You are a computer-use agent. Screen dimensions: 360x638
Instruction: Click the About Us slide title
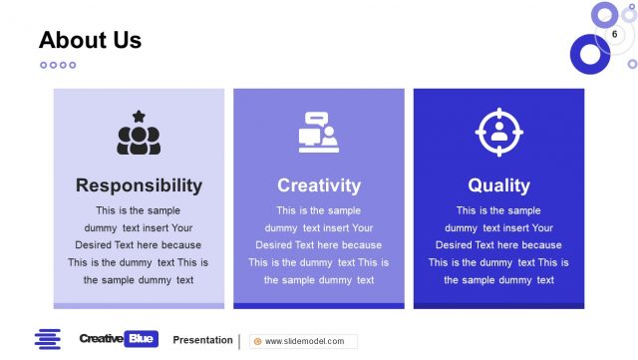[x=90, y=41]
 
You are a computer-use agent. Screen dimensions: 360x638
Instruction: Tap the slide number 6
[x=614, y=36]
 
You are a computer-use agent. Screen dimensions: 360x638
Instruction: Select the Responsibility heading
[x=139, y=185]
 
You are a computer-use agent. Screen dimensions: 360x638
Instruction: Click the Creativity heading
[x=319, y=185]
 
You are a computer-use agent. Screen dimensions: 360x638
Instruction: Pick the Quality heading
[x=498, y=185]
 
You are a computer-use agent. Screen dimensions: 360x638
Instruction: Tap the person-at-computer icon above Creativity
[x=319, y=134]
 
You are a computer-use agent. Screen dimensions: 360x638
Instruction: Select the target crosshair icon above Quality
[x=498, y=133]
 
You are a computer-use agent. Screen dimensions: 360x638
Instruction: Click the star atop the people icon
[x=139, y=117]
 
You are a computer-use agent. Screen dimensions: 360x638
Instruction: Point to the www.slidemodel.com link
[x=304, y=341]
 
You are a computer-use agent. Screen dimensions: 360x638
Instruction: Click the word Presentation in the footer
[x=202, y=340]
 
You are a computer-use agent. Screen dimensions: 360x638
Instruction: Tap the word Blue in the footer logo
[x=142, y=339]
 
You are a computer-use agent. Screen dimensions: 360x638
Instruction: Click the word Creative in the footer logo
[x=102, y=339]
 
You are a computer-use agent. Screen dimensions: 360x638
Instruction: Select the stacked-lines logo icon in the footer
[x=47, y=339]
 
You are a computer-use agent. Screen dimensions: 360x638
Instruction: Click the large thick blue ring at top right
[x=590, y=54]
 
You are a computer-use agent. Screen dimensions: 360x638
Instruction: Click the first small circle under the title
[x=44, y=65]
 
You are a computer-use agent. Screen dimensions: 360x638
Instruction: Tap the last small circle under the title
[x=73, y=65]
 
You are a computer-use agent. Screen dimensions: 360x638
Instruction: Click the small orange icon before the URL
[x=258, y=341]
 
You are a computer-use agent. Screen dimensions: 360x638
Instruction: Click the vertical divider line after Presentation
[x=239, y=341]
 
